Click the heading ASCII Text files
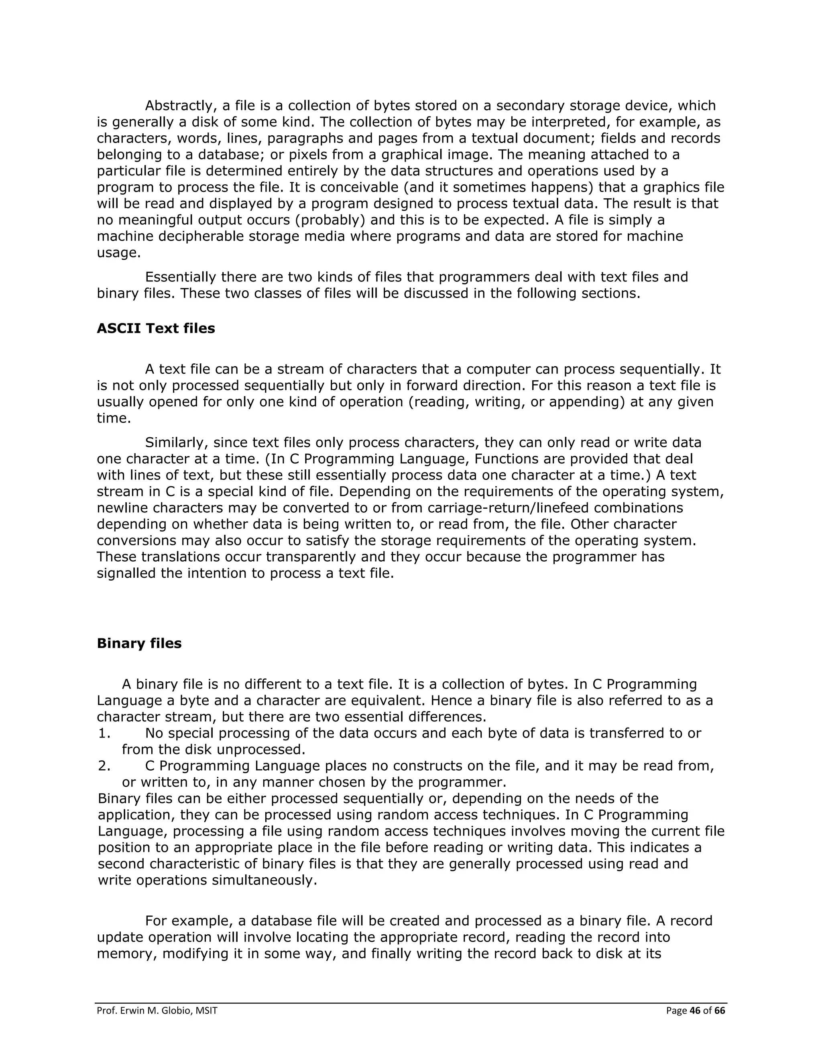coord(156,328)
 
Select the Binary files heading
coord(139,643)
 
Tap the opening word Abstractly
coord(180,106)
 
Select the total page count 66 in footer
coord(720,1011)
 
